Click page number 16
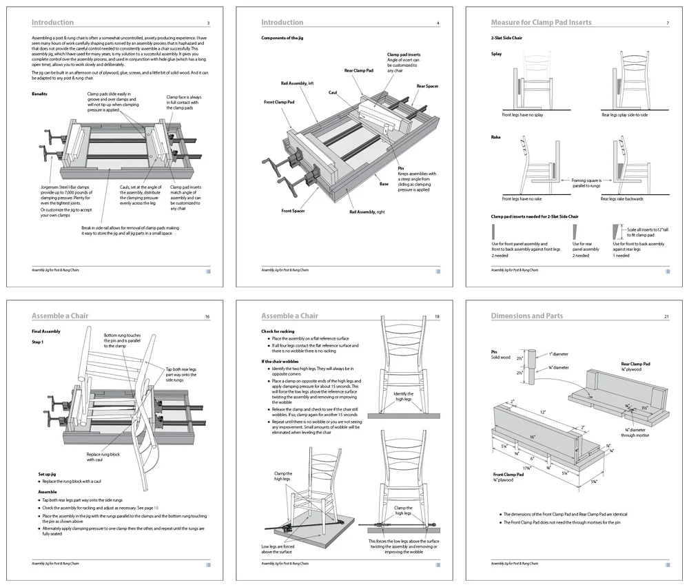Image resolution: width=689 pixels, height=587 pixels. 207,316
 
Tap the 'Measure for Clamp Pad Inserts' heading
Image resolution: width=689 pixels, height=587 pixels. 540,23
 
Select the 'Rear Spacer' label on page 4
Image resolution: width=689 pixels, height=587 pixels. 426,86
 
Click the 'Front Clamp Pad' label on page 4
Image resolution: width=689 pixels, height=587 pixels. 279,102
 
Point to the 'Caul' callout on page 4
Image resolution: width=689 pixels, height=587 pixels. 332,92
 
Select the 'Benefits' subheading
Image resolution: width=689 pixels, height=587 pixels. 39,94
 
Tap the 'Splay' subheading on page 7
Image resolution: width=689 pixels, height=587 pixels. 496,53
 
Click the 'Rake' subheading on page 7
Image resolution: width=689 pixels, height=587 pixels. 496,137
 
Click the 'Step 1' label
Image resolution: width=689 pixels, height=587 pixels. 38,342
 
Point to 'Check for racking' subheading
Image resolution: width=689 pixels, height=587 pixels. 278,331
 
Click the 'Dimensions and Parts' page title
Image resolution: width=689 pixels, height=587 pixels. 526,316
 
